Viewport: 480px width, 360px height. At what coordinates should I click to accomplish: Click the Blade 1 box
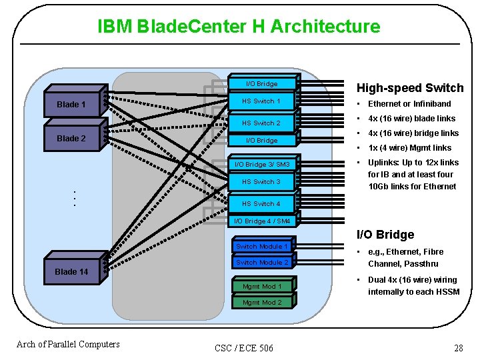point(72,105)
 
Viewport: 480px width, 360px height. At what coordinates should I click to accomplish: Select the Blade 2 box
point(72,139)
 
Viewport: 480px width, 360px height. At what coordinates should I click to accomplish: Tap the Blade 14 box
point(72,271)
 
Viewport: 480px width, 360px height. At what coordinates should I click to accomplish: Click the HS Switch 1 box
point(261,101)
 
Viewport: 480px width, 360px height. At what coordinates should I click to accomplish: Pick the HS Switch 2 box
point(261,123)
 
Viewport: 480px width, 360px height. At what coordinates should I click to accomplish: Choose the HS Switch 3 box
point(261,182)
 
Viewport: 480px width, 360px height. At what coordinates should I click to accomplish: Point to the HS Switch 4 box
point(261,204)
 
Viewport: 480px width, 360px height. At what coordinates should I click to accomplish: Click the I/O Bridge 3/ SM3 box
point(261,164)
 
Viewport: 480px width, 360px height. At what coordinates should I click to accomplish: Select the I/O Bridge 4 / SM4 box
point(261,221)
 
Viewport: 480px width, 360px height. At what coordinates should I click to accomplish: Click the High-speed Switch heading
point(410,88)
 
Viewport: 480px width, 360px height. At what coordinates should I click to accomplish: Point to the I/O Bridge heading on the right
point(385,235)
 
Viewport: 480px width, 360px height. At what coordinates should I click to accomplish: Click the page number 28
point(458,347)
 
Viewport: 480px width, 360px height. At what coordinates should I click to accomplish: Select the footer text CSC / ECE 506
point(244,347)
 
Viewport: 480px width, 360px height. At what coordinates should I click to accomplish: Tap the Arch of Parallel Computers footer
point(68,344)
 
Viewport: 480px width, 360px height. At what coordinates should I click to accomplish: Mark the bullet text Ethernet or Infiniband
point(409,104)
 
